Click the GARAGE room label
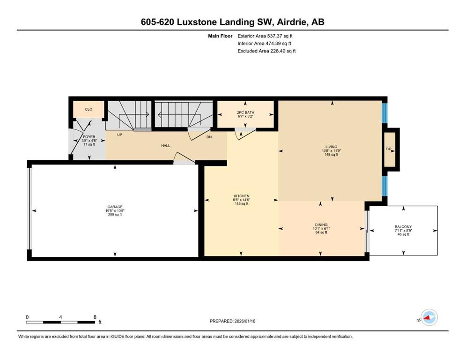tap(115, 207)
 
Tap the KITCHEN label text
tap(242, 196)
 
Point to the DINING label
tap(321, 225)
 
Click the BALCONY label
tap(403, 226)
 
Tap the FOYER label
tap(89, 137)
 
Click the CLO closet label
tap(89, 109)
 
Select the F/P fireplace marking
tap(388, 149)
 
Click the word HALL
tap(165, 146)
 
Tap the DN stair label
tap(209, 137)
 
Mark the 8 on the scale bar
tap(96, 317)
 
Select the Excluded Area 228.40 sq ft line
tap(266, 51)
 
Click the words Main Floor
tap(221, 36)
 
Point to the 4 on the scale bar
tap(61, 317)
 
